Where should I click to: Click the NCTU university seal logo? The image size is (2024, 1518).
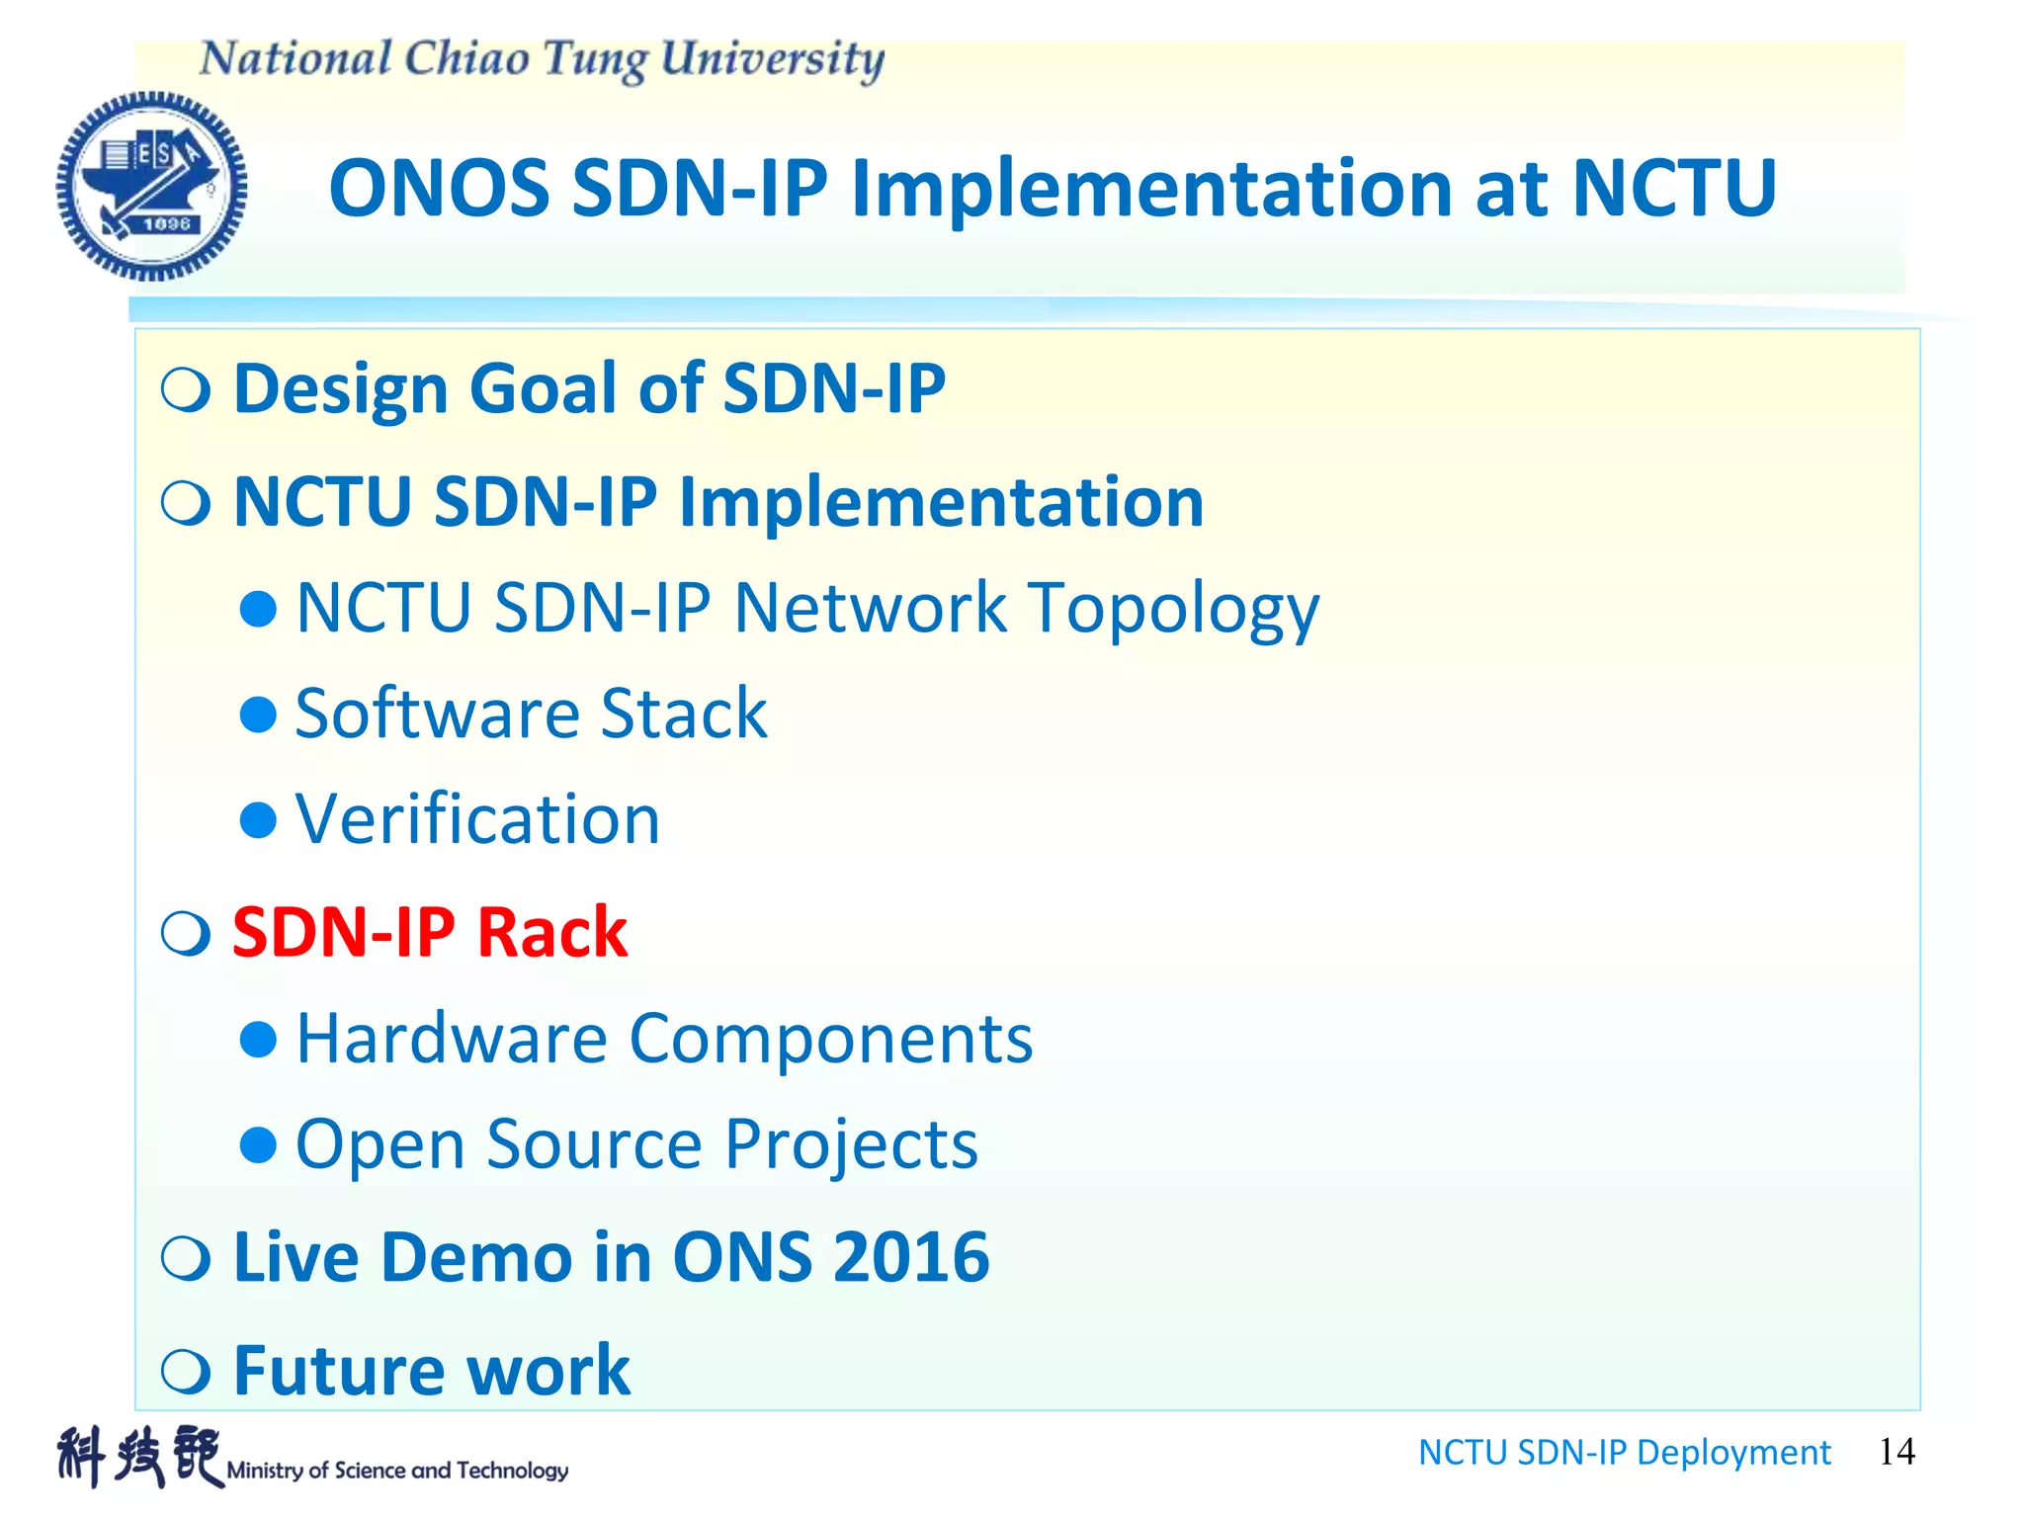click(x=151, y=186)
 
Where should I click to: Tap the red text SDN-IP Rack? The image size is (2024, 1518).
click(x=429, y=932)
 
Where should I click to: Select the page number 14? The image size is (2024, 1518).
click(x=1896, y=1452)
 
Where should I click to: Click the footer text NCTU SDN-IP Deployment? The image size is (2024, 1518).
click(x=1624, y=1453)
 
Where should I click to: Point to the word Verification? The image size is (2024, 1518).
click(x=477, y=819)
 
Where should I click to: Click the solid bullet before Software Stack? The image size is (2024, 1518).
click(x=258, y=714)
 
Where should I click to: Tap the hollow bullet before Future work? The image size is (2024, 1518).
click(x=186, y=1371)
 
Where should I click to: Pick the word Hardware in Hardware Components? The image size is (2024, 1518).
click(x=452, y=1039)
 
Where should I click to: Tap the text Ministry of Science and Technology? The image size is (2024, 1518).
click(x=397, y=1471)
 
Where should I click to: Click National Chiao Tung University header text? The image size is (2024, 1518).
click(x=542, y=59)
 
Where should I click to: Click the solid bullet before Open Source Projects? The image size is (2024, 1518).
click(x=258, y=1144)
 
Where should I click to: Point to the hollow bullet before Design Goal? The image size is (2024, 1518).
click(x=186, y=389)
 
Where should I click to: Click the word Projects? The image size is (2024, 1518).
click(x=851, y=1144)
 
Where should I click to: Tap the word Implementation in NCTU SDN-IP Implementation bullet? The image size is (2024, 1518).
click(x=941, y=502)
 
